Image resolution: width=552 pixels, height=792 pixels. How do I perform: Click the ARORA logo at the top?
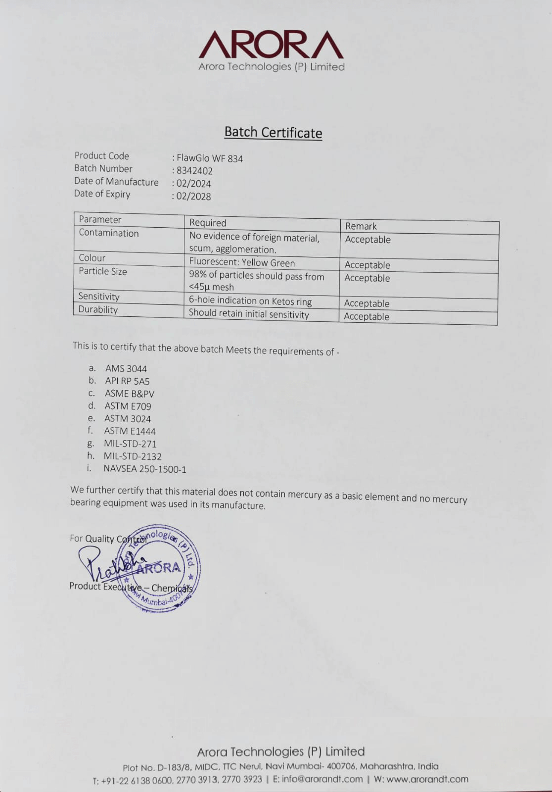tap(271, 46)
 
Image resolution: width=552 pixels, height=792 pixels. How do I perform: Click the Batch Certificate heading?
tap(273, 132)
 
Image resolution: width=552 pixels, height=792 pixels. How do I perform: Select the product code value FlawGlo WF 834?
tap(210, 158)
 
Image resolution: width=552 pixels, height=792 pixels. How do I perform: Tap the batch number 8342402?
tap(194, 171)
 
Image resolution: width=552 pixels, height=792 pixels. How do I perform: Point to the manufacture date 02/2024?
tap(193, 184)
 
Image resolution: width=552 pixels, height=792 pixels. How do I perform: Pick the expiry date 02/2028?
tap(193, 197)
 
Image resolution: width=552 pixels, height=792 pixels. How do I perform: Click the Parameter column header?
tap(100, 219)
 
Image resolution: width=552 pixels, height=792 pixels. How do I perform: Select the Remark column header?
tap(361, 226)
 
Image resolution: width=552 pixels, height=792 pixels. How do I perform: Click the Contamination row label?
tap(109, 233)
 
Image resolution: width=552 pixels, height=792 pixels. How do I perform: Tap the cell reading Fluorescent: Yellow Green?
tap(242, 263)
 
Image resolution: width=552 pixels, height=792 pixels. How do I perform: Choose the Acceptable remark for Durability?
tap(367, 317)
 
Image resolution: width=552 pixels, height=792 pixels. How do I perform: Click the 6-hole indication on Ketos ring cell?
tap(250, 300)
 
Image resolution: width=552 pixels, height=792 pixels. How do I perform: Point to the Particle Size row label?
tap(103, 271)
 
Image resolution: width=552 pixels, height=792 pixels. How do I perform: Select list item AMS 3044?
tap(126, 369)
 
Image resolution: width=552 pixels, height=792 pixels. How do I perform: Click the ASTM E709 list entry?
tap(128, 406)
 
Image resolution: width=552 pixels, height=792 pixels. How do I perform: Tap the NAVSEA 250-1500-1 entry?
tap(145, 469)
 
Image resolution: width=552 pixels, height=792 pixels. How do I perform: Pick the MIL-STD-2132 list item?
tap(133, 456)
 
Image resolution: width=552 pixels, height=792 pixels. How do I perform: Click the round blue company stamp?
tap(160, 568)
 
